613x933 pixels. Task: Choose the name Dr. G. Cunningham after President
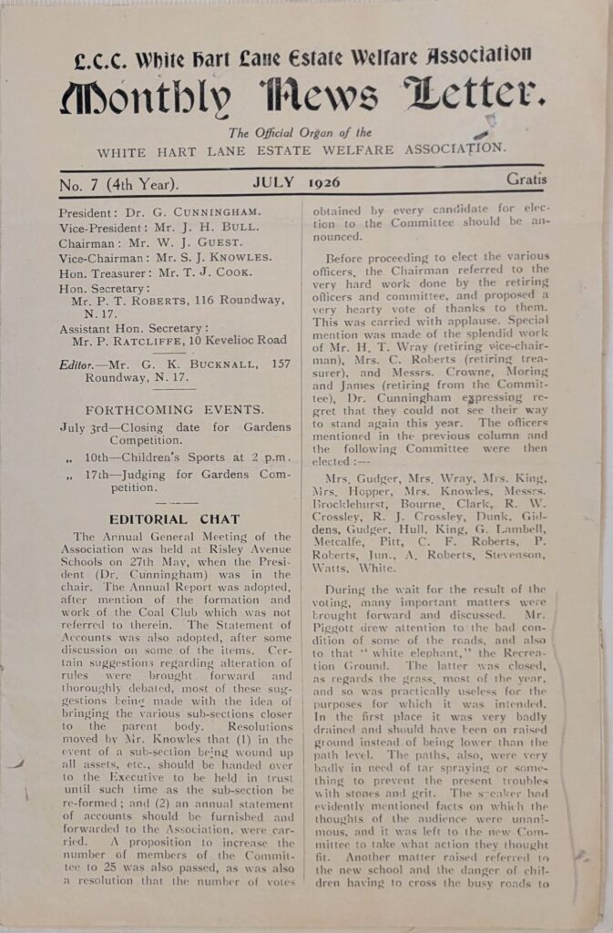coord(190,211)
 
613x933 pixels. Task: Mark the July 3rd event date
coord(87,427)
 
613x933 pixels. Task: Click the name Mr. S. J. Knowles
coord(222,257)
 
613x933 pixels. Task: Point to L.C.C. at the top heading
coord(101,60)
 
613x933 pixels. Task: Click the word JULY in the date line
coord(273,182)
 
